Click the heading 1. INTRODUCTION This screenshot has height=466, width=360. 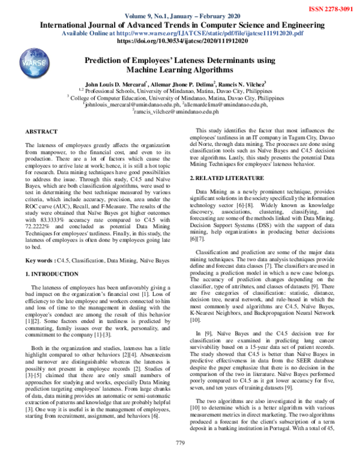[55, 273]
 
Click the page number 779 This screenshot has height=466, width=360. [179, 459]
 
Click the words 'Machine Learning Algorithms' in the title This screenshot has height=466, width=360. [179, 71]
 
